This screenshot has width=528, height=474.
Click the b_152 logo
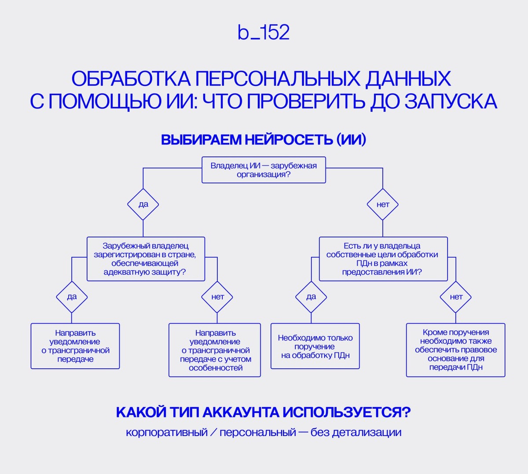pyautogui.click(x=264, y=33)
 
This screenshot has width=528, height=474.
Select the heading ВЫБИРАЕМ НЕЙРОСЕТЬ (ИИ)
pyautogui.click(x=264, y=140)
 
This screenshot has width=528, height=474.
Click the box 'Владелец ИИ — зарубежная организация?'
pyautogui.click(x=264, y=170)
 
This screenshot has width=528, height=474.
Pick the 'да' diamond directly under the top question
pyautogui.click(x=143, y=204)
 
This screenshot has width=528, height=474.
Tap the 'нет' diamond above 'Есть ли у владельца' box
pyautogui.click(x=383, y=204)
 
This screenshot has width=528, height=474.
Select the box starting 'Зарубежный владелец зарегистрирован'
pyautogui.click(x=146, y=259)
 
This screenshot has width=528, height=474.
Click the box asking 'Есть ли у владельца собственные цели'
pyautogui.click(x=383, y=259)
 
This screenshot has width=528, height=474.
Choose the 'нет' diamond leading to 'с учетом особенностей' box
pyautogui.click(x=217, y=297)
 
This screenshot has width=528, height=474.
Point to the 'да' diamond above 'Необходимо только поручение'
pyautogui.click(x=311, y=297)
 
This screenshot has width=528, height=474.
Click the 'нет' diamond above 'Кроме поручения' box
pyautogui.click(x=456, y=297)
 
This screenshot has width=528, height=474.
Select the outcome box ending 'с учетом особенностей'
pyautogui.click(x=215, y=350)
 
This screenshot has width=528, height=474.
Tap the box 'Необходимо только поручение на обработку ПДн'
pyautogui.click(x=315, y=346)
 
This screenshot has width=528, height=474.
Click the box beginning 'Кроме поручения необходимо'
pyautogui.click(x=455, y=350)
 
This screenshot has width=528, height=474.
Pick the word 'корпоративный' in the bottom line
pyautogui.click(x=166, y=432)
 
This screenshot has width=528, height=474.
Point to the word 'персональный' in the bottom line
pyautogui.click(x=257, y=432)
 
